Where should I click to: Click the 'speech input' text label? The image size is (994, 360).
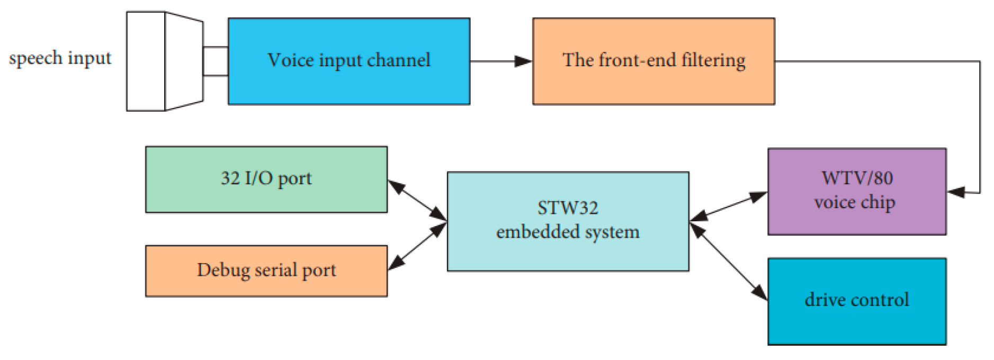60,58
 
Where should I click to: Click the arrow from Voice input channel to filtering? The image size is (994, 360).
500,61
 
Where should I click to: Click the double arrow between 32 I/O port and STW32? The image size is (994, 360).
417,200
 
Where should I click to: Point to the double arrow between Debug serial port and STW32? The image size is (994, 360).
417,246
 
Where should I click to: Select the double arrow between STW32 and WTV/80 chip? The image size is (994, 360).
728,206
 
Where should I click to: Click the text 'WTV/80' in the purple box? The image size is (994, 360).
857,178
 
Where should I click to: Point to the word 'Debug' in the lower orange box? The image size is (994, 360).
223,271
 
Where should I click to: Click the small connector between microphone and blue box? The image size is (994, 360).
215,61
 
